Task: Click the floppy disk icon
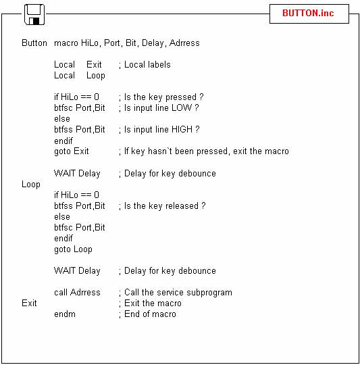point(34,14)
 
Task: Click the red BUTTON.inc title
point(308,13)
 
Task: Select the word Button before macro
point(34,43)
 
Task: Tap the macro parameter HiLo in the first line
point(90,43)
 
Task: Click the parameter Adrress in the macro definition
point(184,43)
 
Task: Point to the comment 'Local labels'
point(147,65)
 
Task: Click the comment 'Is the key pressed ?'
point(164,97)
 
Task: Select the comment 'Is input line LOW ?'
point(161,107)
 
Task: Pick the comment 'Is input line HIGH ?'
point(162,129)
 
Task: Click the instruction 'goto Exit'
point(72,151)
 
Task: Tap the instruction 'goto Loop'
point(73,249)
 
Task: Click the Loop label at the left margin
point(31,185)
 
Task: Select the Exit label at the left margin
point(29,303)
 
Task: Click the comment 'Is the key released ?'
point(165,206)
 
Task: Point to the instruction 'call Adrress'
point(77,293)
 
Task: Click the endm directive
point(65,314)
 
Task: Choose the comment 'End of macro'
point(150,314)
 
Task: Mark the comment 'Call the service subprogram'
point(178,293)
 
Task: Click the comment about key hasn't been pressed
point(207,151)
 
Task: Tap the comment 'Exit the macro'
point(153,303)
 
